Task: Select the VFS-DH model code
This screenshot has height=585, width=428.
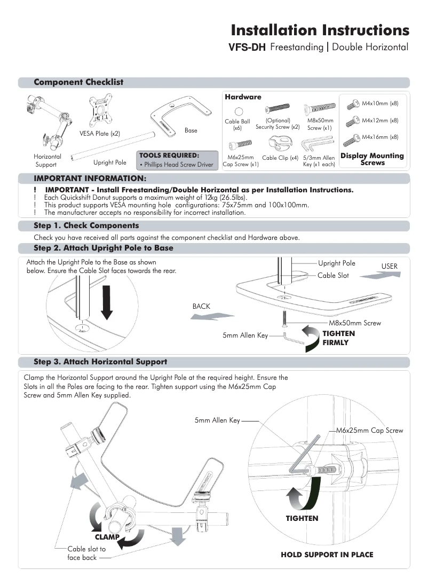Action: [x=247, y=48]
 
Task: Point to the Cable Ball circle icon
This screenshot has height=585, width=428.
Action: [x=238, y=111]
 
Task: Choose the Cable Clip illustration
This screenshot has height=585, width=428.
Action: [x=280, y=144]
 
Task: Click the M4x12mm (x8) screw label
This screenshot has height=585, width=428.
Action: [x=379, y=121]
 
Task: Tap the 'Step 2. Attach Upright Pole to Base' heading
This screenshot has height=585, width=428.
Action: [x=104, y=248]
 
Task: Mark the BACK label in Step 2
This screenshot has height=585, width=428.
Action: [x=201, y=307]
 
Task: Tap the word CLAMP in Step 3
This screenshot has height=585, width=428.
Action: [x=107, y=536]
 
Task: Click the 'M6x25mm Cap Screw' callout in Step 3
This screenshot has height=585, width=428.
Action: [x=369, y=431]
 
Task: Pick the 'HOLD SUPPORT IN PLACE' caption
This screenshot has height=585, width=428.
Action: [x=327, y=555]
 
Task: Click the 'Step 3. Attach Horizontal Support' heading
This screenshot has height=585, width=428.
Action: [x=100, y=362]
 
